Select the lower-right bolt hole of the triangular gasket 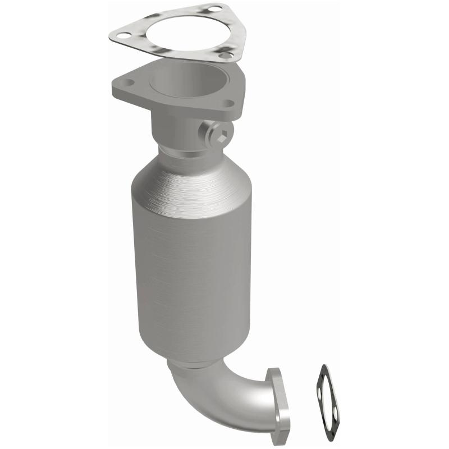pyautogui.click(x=226, y=55)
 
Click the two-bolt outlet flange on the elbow pyautogui.click(x=279, y=400)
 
